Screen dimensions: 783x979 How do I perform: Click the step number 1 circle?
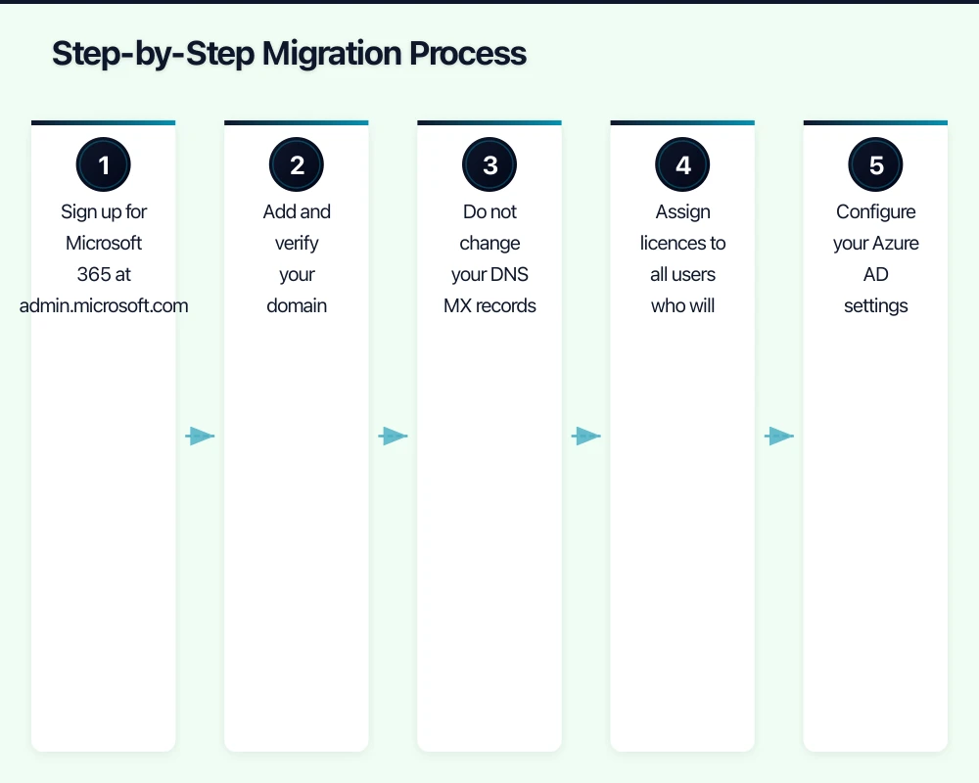coord(104,165)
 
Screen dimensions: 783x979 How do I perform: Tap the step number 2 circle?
coord(297,165)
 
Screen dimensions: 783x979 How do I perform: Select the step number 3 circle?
coord(489,165)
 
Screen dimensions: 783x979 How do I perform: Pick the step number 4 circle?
coord(682,165)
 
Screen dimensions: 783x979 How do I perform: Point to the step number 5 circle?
coord(875,165)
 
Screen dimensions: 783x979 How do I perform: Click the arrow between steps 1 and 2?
coord(200,437)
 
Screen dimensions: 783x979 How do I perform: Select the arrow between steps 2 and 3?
coord(393,437)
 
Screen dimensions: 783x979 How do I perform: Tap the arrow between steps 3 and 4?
coord(585,437)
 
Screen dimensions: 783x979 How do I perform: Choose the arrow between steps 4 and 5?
coord(778,437)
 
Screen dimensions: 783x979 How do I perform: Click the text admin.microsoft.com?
coord(104,306)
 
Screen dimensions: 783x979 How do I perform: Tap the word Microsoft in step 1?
coord(104,244)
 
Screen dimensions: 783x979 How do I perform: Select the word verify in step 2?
coord(297,244)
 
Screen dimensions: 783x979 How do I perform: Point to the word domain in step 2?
coord(297,306)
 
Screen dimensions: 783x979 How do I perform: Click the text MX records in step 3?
coord(489,306)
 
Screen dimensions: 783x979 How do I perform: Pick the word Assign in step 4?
coord(682,212)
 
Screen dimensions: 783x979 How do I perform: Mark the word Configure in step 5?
coord(875,212)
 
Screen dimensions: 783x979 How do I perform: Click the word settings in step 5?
coord(875,306)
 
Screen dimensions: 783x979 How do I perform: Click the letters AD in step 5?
coord(875,275)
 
